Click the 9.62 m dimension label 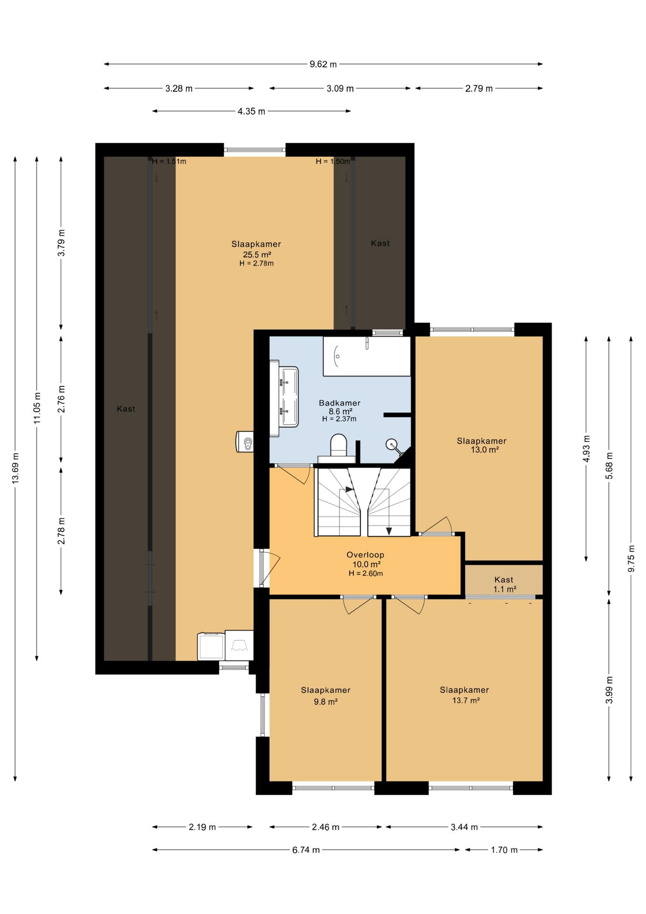[323, 64]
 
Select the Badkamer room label [340, 403]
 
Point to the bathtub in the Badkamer [367, 356]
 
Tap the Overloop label [365, 555]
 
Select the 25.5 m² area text [257, 254]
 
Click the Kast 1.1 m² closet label [504, 584]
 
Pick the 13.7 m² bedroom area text [466, 700]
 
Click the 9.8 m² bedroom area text [326, 701]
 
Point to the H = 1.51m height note [169, 161]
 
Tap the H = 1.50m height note [333, 161]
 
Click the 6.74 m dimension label [306, 850]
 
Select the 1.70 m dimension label [504, 850]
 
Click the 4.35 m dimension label [252, 111]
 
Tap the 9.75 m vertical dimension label [631, 558]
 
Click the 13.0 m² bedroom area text [485, 449]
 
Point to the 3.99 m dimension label [609, 690]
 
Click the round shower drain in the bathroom [391, 444]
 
